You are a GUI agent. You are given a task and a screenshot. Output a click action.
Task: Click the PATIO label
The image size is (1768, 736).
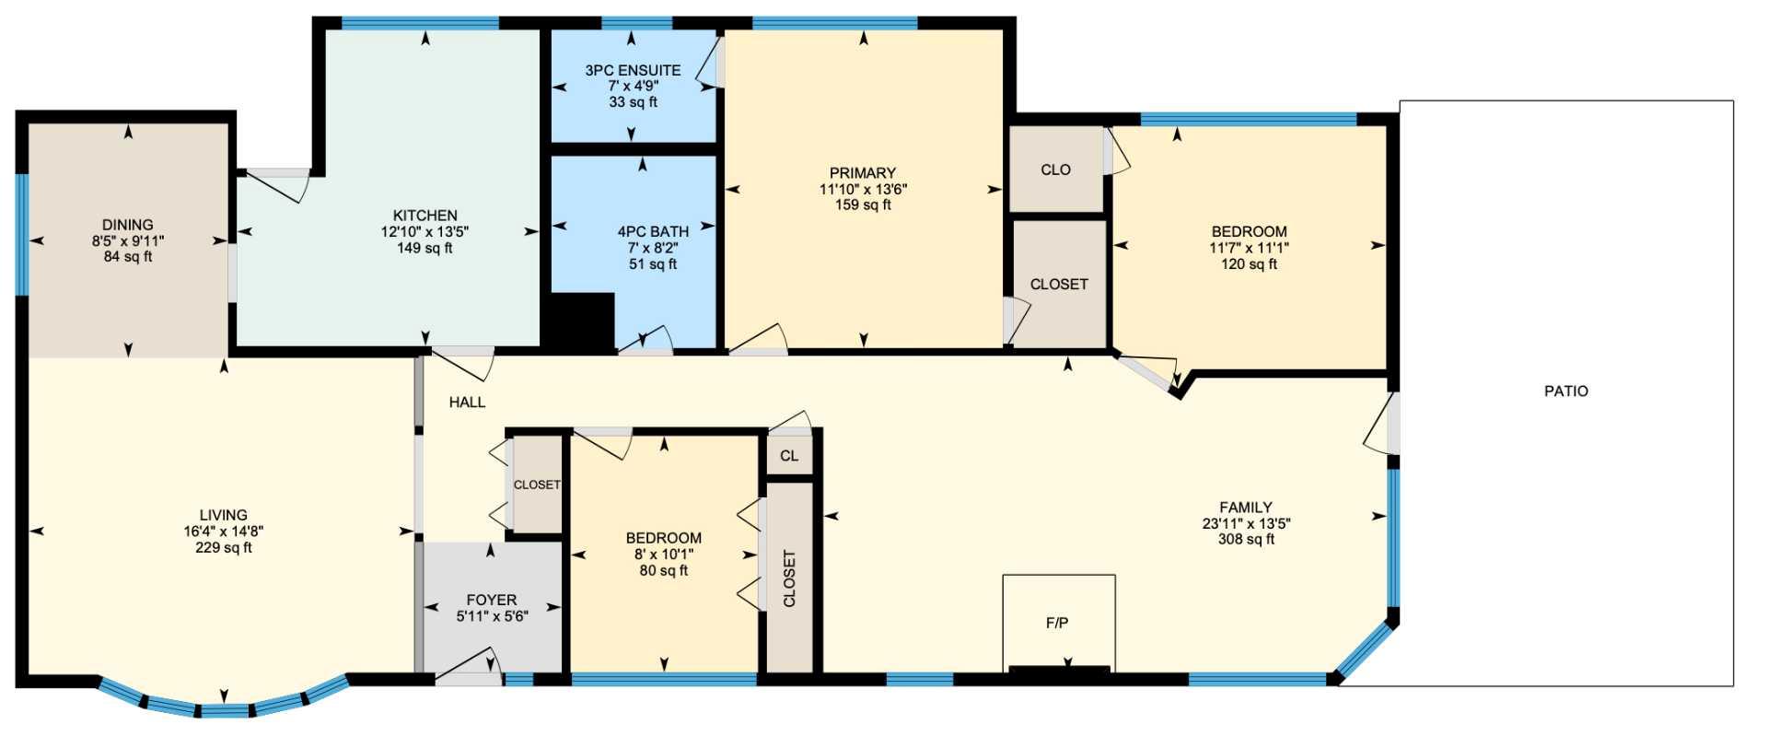point(1565,391)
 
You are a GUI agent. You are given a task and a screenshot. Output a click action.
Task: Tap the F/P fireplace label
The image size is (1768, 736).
point(1057,623)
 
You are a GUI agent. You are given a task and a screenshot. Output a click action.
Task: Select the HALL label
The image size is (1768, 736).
point(467,402)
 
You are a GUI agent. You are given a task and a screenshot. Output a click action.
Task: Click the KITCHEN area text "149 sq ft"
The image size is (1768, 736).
point(425,248)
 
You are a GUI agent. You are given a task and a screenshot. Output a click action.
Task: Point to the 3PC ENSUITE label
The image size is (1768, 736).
point(633,70)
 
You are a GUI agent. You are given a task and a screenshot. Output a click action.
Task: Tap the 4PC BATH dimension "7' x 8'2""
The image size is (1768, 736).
point(653,248)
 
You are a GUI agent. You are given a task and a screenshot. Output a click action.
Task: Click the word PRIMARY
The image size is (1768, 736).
point(862,173)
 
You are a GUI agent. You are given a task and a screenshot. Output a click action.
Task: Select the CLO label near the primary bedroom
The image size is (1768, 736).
point(1055,169)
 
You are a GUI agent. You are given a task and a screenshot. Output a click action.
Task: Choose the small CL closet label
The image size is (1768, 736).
point(789,456)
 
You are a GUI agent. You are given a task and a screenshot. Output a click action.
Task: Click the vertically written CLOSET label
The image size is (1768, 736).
point(789,578)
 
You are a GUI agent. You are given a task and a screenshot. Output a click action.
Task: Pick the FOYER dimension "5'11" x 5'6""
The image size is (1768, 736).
point(492,616)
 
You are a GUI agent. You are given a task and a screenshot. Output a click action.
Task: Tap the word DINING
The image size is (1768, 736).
point(128,225)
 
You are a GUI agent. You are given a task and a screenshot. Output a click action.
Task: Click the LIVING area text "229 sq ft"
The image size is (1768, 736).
point(224,547)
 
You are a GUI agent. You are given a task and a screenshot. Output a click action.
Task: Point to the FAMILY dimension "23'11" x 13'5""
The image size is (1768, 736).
point(1246,523)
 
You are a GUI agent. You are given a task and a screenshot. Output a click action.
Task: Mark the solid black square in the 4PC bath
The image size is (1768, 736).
point(582,321)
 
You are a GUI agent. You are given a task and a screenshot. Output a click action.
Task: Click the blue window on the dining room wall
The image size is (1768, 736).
point(21,234)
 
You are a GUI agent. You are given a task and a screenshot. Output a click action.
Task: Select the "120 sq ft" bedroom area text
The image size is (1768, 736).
point(1249,264)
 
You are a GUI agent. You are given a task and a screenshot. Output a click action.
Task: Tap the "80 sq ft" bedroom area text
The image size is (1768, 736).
point(663,570)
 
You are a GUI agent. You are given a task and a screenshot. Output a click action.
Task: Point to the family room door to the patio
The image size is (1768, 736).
point(1381,424)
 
